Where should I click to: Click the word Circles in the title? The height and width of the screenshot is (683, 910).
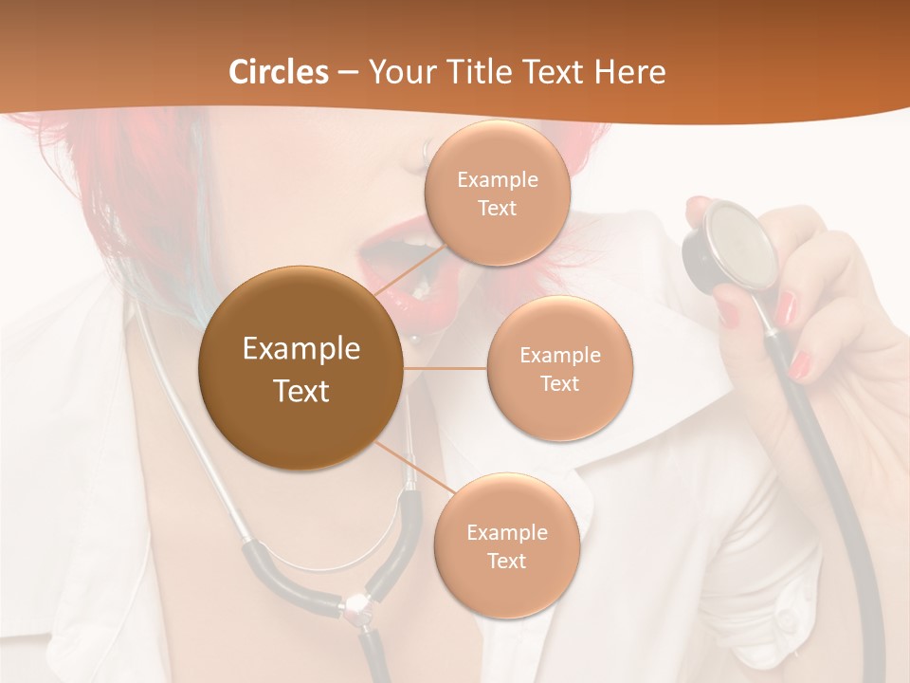(x=278, y=72)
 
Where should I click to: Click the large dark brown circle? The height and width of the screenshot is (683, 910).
(x=300, y=368)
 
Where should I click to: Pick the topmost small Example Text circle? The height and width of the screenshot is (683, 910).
(x=498, y=193)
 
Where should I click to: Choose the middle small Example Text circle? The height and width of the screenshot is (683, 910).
(x=560, y=368)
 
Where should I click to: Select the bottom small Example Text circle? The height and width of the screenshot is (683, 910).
(x=506, y=545)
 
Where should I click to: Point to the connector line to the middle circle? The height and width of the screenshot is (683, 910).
(x=445, y=367)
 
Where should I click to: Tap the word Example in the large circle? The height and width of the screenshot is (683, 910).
(x=300, y=349)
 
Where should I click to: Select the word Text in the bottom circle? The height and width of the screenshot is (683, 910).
(x=506, y=561)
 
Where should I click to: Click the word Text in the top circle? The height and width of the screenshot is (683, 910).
(x=498, y=208)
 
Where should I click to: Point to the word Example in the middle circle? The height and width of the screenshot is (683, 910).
(x=560, y=356)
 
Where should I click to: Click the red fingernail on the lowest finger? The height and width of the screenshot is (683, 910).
(x=801, y=363)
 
